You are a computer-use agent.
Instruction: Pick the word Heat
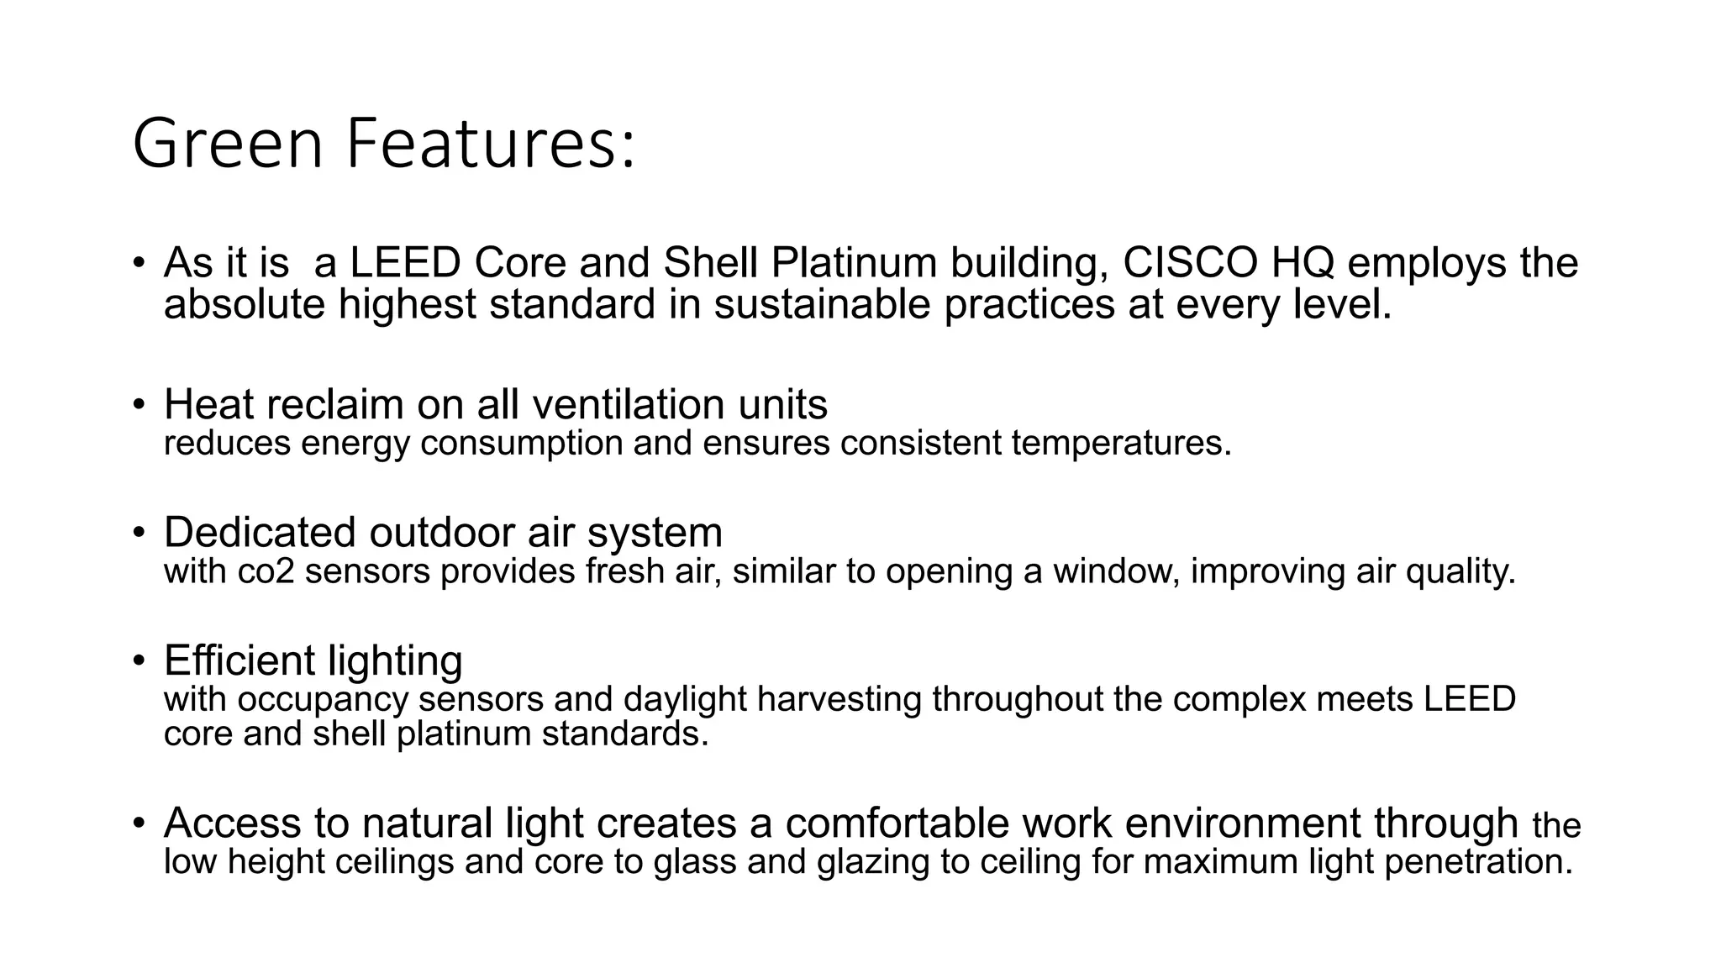[x=213, y=404]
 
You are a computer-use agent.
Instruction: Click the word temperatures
[x=1121, y=443]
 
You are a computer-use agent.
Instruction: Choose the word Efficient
[x=239, y=660]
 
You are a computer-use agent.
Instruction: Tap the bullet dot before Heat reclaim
[x=139, y=404]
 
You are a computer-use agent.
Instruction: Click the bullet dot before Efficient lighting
[x=139, y=660]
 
